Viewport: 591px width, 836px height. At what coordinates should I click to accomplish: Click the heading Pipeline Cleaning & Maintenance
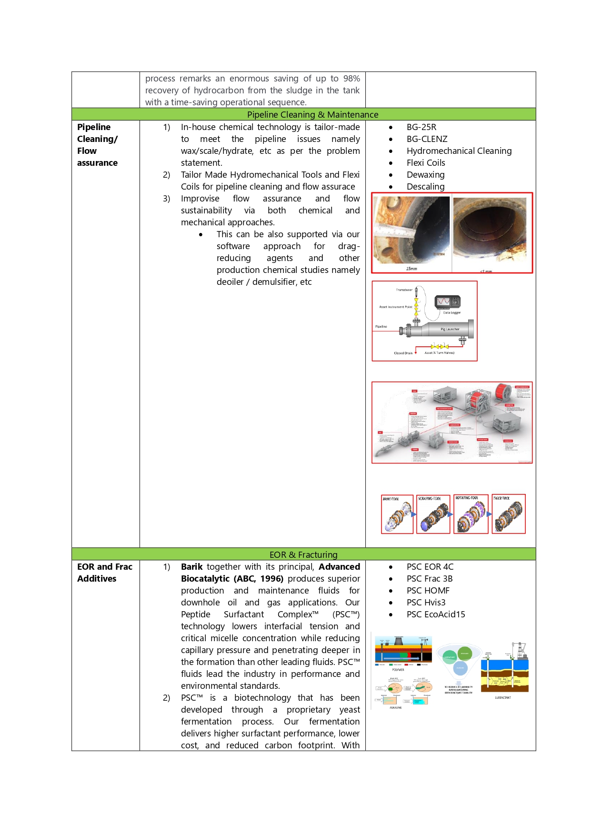click(x=312, y=114)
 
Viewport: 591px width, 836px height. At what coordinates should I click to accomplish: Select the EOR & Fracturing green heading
click(x=303, y=554)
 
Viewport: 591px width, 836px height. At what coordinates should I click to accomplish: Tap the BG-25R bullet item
click(x=421, y=127)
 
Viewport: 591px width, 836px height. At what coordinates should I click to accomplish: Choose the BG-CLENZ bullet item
click(x=427, y=139)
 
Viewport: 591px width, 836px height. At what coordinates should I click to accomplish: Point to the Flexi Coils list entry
click(x=426, y=163)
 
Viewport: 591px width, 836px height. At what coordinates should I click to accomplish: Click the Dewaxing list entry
click(x=425, y=175)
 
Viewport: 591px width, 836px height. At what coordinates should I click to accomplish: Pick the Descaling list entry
click(x=425, y=187)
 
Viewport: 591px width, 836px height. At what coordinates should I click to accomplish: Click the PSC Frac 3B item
click(x=429, y=579)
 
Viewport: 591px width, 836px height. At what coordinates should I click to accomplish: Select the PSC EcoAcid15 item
click(x=435, y=614)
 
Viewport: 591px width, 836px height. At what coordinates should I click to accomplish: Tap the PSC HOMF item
click(x=428, y=591)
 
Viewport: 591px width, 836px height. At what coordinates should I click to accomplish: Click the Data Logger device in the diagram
click(x=447, y=302)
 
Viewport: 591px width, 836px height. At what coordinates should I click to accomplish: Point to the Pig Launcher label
click(x=450, y=329)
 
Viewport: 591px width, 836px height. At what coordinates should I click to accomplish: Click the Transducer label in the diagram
click(x=404, y=290)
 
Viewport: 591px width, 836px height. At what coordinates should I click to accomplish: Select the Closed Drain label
click(x=403, y=353)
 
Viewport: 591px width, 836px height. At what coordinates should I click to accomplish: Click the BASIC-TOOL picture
click(x=397, y=514)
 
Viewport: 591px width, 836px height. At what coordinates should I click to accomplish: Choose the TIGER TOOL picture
click(x=509, y=514)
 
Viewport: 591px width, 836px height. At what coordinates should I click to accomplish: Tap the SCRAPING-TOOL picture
click(x=433, y=514)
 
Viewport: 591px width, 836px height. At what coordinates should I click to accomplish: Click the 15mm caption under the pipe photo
click(x=411, y=269)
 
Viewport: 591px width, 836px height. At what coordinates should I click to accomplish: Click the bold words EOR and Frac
click(x=105, y=567)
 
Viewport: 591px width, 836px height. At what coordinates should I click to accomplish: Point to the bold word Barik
click(x=191, y=567)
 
